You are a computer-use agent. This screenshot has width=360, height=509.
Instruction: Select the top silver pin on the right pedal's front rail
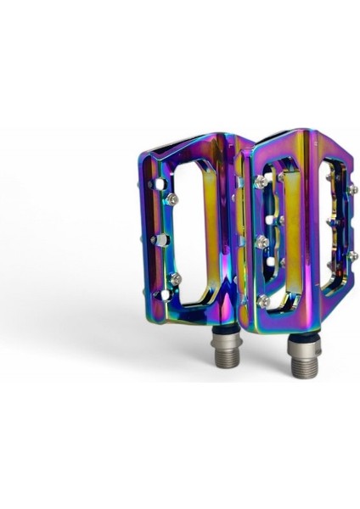(x=262, y=182)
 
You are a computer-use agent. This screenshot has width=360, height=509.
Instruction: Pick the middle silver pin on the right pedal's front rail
(x=262, y=242)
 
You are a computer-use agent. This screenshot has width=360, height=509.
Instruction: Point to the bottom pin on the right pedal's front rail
(x=263, y=299)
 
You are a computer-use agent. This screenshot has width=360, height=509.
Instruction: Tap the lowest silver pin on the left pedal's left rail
(x=174, y=279)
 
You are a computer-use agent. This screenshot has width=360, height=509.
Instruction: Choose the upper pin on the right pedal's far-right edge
(x=352, y=188)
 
